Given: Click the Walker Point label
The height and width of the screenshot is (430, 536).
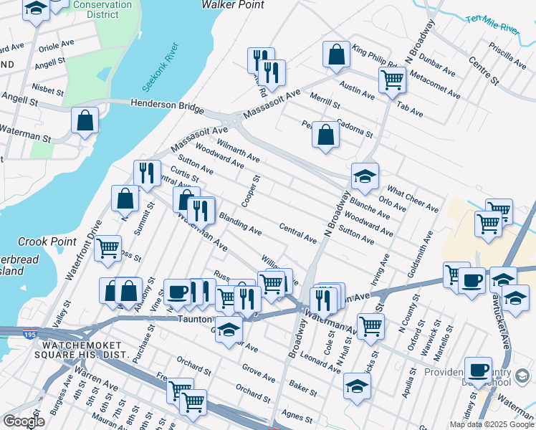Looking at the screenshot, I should (232, 5).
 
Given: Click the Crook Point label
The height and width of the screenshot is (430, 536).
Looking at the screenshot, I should (41, 242).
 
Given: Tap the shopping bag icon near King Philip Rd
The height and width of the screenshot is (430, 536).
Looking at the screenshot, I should (336, 54).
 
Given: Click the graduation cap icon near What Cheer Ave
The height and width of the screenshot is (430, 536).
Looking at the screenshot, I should (365, 176).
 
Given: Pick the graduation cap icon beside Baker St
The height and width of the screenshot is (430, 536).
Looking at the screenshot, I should (357, 386).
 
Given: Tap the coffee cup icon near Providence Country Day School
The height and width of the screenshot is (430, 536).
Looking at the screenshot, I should (478, 370).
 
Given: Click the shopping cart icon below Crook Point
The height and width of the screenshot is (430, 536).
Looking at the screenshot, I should (108, 248).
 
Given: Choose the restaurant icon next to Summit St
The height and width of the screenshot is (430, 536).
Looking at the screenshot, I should (147, 173).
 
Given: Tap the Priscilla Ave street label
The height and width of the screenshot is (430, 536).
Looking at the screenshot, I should (507, 52).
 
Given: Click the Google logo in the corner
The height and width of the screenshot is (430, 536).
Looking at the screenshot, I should (24, 421).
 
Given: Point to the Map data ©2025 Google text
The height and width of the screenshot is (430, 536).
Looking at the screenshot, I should (491, 424).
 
